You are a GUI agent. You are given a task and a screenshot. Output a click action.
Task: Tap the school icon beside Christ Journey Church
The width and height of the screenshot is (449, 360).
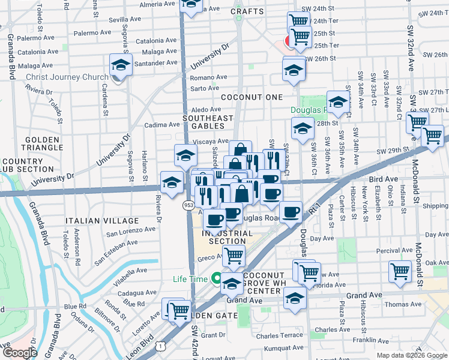pos(121,66)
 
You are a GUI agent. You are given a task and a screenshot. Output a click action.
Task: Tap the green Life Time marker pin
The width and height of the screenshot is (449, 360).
pos(215,278)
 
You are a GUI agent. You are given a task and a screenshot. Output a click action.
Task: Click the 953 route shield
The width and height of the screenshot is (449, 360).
pos(188,205)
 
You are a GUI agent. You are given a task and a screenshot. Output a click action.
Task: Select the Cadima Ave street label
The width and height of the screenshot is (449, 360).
pos(162,125)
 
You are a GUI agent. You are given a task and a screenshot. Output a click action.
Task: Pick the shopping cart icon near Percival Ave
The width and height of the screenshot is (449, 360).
pos(400,271)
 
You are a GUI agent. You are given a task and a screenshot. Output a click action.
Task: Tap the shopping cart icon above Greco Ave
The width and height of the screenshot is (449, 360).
pos(234,256)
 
